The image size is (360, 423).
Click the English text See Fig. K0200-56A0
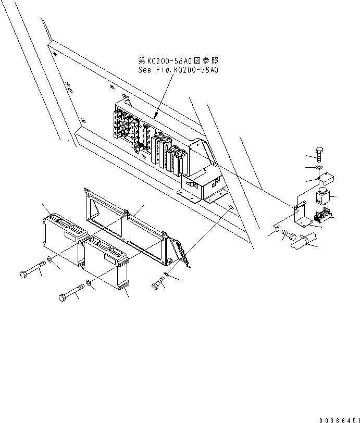[176, 69]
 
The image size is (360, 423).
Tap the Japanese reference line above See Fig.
[176, 60]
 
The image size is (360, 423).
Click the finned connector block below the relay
[323, 214]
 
